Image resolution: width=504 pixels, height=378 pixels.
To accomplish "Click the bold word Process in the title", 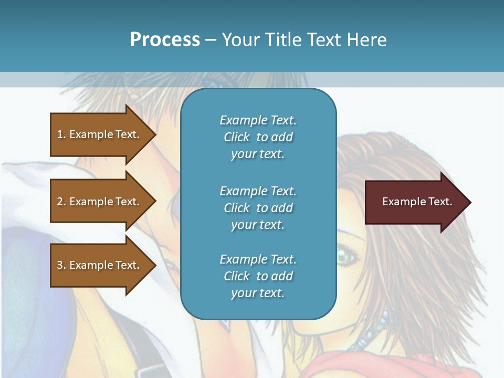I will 165,40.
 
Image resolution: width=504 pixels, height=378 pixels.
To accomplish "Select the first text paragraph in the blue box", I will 258,137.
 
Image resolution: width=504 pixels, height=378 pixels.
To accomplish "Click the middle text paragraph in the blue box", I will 258,208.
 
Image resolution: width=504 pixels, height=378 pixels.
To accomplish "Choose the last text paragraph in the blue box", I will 258,276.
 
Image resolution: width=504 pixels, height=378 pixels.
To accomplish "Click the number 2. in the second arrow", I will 61,202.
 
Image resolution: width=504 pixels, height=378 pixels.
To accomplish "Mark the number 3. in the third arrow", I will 61,265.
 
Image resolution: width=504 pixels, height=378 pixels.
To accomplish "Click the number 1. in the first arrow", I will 61,134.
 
